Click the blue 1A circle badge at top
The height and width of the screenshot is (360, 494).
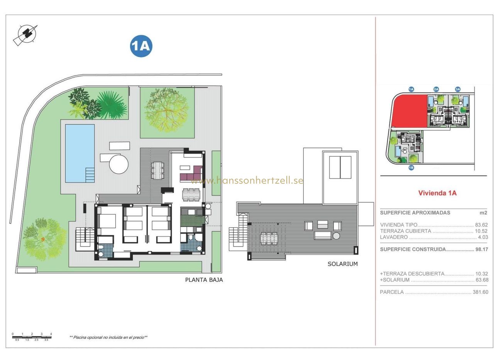coord(141,46)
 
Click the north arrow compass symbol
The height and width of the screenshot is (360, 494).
coord(26,35)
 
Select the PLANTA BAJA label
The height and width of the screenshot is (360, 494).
coord(204,280)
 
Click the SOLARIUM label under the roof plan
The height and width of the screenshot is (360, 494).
coord(342,264)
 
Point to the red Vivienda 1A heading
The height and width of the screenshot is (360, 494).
coord(437,193)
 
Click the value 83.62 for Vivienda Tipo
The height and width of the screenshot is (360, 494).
coord(481,225)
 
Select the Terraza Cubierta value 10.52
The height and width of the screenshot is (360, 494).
coord(481,231)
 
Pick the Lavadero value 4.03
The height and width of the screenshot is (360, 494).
coord(483,237)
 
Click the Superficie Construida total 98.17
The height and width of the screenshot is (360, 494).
coord(481,249)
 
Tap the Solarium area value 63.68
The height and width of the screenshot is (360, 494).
coord(481,280)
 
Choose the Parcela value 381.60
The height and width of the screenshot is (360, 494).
coord(480,292)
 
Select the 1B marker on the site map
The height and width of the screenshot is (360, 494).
coord(411,168)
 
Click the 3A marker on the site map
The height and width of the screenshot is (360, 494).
coord(458,89)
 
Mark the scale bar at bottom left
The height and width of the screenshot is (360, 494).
coord(32,337)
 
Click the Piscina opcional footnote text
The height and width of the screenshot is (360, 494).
coord(108,337)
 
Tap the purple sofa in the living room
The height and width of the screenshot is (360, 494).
coord(191,174)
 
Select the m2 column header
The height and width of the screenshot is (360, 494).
coord(483,213)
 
